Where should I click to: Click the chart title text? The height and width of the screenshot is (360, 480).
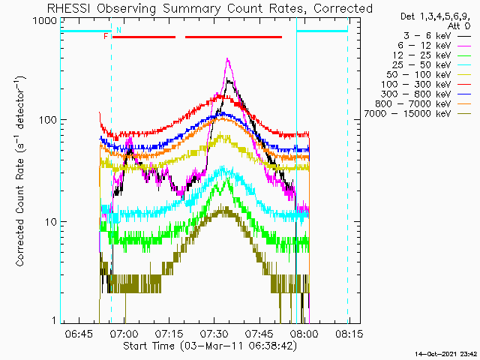coord(210,8)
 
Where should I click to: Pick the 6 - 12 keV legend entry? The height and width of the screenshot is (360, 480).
coord(434,46)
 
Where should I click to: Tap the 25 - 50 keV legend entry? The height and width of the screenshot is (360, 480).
coord(431,65)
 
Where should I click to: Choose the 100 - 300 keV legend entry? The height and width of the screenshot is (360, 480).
coord(426,85)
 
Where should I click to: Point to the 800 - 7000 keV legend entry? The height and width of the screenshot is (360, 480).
coord(423,103)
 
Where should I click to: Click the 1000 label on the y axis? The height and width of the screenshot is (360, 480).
coord(46,21)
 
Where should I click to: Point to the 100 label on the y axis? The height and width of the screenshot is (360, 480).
coord(48,120)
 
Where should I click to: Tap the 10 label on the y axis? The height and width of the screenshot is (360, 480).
coord(51,222)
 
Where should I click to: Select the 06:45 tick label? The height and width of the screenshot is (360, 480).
coord(79,333)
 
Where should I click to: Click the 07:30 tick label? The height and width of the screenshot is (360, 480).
coord(214,333)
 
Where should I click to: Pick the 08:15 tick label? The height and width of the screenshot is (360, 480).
coord(349,333)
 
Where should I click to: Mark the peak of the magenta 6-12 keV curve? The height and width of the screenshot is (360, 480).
coord(227,58)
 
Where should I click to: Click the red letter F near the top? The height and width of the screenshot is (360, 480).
coord(106,37)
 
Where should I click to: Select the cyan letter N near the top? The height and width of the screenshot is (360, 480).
coord(118,30)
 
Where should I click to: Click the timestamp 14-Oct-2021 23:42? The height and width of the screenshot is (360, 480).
coord(446,354)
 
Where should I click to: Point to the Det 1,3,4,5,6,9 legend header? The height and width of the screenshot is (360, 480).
coord(435,16)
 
